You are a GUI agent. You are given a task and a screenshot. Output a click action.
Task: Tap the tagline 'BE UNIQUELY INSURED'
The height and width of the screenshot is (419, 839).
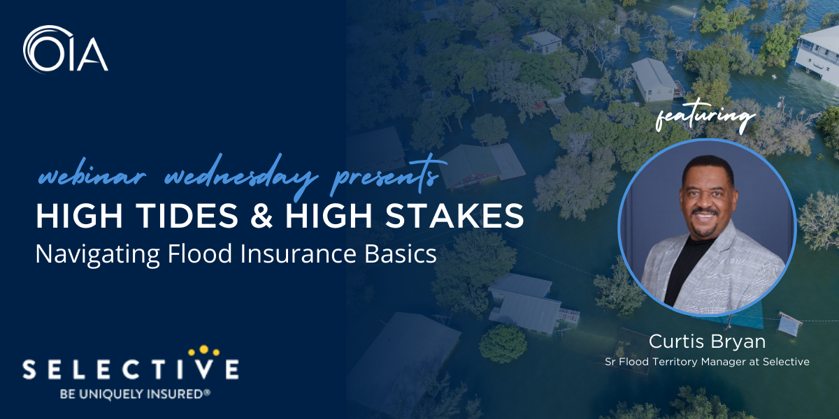point(130,394)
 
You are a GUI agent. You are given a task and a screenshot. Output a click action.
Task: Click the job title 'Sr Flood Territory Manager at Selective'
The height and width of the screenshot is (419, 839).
point(707,362)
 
